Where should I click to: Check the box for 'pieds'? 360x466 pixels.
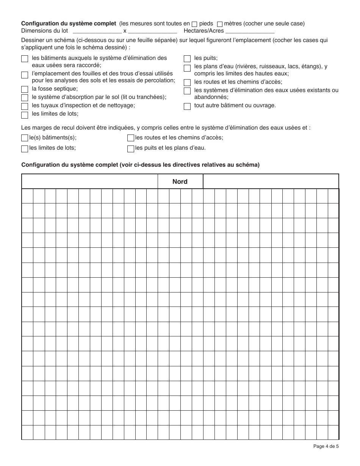pos(194,24)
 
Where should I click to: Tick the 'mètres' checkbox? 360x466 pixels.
pos(220,24)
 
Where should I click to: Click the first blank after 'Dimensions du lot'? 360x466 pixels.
pos(97,31)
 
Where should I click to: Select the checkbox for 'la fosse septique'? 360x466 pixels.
pos(25,89)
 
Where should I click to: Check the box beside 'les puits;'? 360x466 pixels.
pos(187,59)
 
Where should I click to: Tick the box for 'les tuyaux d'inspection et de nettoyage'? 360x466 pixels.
pos(25,106)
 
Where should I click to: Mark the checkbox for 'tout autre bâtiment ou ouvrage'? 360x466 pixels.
pos(187,106)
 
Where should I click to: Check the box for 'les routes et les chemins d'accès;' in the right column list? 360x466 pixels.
pos(187,83)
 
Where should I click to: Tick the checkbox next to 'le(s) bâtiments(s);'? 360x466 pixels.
pos(25,138)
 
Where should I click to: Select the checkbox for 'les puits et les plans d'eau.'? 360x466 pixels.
pos(131,149)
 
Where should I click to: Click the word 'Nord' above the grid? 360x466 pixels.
pos(180,181)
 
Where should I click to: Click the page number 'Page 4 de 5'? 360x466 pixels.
pos(326,446)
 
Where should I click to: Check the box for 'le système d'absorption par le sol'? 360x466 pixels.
pos(25,98)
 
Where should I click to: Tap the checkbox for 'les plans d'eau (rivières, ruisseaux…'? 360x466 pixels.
pos(187,68)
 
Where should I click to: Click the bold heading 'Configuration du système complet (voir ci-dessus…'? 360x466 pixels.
pos(141,165)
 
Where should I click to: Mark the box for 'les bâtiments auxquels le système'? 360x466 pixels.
pos(25,59)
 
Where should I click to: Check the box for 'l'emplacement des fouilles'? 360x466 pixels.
pos(25,75)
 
